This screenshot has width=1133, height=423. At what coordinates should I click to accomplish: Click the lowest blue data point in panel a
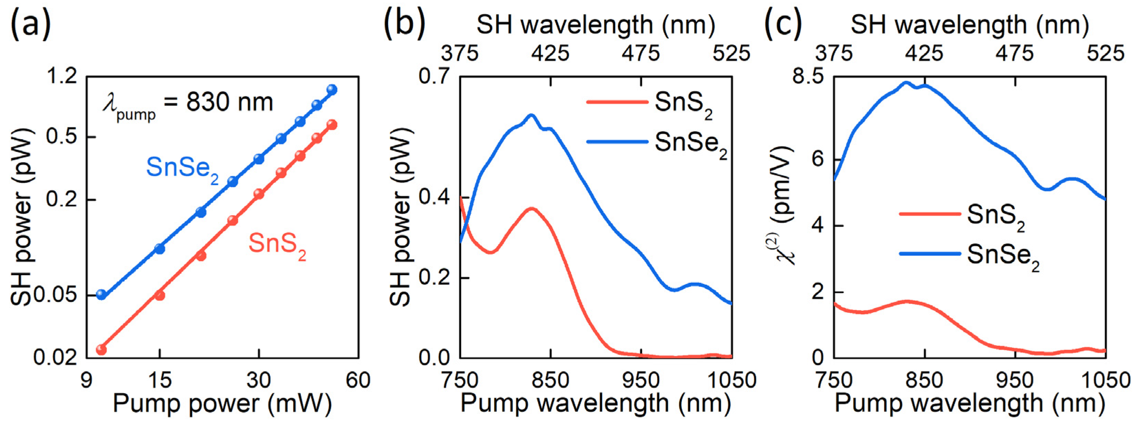point(101,294)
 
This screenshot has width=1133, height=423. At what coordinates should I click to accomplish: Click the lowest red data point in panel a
point(101,349)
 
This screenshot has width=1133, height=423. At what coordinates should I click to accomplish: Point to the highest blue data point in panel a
point(332,90)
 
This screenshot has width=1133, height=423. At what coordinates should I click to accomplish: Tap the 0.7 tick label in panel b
point(435,76)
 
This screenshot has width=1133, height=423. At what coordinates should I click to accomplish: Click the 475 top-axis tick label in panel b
point(641,54)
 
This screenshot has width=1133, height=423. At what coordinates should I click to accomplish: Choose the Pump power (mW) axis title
point(222,403)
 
